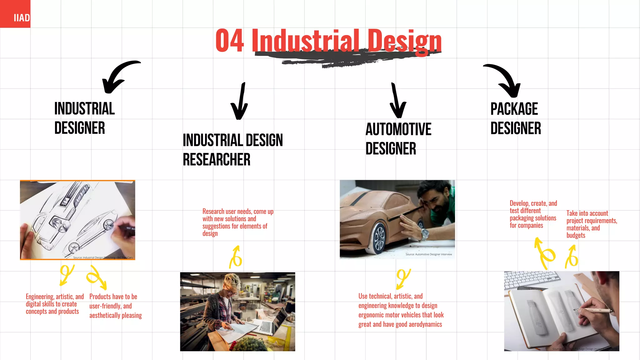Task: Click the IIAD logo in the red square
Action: (22, 18)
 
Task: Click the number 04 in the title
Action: (229, 41)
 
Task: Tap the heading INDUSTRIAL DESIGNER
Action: (84, 118)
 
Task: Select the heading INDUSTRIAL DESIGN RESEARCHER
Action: (232, 150)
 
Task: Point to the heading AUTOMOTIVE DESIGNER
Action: (398, 139)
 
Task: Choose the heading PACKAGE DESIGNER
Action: (515, 118)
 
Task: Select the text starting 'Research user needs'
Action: (237, 222)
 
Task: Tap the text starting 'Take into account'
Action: (591, 224)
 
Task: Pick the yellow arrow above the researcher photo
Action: (236, 257)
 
